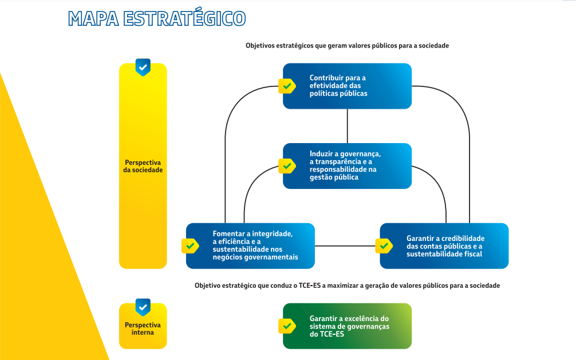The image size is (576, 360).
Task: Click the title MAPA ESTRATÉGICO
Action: click(x=157, y=18)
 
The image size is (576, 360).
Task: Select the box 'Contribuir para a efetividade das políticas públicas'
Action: click(x=347, y=86)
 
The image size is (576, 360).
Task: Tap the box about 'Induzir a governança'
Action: click(x=347, y=166)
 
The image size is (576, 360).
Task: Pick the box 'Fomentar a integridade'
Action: click(x=250, y=246)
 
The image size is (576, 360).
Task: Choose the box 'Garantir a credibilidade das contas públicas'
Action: click(x=444, y=246)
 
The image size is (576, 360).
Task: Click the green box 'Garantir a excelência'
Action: click(x=347, y=326)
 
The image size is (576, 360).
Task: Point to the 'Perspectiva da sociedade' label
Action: click(x=143, y=166)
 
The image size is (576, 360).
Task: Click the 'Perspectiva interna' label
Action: click(x=143, y=329)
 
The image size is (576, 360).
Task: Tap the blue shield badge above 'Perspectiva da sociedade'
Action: click(x=143, y=67)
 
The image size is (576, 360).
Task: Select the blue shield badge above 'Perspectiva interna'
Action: click(x=143, y=307)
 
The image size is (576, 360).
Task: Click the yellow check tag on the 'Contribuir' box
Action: click(x=287, y=86)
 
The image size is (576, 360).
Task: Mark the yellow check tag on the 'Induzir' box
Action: click(x=287, y=166)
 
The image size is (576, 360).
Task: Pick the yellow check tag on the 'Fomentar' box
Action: click(x=190, y=246)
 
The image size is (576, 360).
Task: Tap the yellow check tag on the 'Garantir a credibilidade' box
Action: click(x=384, y=246)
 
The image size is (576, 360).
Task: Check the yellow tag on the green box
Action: click(x=287, y=326)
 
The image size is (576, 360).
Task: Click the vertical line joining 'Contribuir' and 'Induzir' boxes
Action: click(x=347, y=126)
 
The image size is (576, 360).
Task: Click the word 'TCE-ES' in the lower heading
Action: click(x=310, y=286)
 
